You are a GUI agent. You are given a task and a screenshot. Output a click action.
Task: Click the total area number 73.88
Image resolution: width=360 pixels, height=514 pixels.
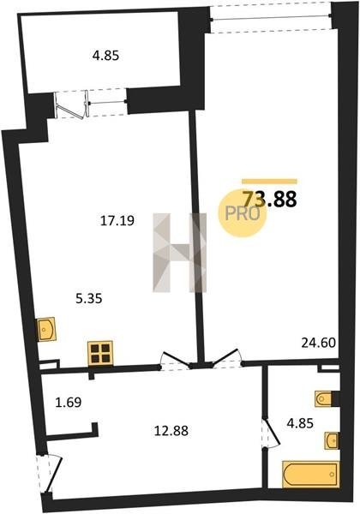269,199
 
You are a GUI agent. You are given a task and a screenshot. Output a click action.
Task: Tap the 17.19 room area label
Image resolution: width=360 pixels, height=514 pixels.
117,221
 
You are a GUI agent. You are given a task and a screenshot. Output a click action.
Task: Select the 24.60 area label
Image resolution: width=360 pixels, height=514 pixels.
319,343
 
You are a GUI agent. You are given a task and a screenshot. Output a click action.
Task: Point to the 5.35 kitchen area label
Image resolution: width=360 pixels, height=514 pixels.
89,299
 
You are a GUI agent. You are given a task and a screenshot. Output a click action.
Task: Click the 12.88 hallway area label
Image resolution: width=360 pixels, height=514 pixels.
171,431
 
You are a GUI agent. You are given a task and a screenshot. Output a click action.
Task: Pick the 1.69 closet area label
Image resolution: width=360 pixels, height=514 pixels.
69,402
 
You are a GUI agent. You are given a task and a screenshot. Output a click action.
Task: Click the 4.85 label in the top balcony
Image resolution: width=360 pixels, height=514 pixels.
105,56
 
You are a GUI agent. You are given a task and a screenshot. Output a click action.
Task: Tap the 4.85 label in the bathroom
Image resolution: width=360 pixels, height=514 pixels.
300,423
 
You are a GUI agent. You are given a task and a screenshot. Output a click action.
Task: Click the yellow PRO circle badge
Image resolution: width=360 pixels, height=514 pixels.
243,213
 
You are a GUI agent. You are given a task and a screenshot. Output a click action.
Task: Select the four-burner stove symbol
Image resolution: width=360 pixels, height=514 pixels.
100,353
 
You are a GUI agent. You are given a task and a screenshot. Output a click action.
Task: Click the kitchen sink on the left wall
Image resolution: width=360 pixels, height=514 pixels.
46,329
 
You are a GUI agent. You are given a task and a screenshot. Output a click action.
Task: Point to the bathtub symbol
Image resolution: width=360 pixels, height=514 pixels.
311,474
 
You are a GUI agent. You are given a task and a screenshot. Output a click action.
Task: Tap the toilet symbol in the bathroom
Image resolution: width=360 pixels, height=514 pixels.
325,398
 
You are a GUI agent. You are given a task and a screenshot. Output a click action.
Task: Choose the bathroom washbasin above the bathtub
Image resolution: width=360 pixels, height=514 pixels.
332,440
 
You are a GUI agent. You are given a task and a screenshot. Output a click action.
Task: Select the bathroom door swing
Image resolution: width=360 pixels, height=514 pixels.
272,432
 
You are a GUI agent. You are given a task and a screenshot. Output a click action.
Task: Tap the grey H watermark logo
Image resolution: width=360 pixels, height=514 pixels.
179,253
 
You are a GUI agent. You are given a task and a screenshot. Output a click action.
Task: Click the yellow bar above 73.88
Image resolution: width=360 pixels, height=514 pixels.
269,182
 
